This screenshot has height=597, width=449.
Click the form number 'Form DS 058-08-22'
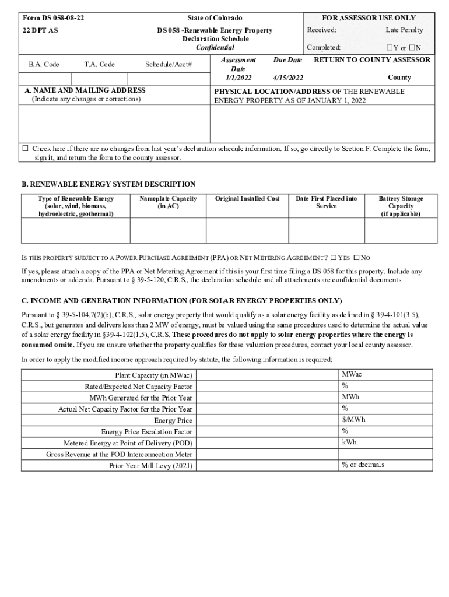pyautogui.click(x=53, y=18)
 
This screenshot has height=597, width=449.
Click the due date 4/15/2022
pyautogui.click(x=287, y=78)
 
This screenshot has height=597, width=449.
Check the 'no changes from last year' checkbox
pyautogui.click(x=25, y=149)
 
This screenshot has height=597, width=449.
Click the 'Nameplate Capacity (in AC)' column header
pyautogui.click(x=167, y=202)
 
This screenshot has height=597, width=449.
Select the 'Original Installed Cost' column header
pyautogui.click(x=247, y=199)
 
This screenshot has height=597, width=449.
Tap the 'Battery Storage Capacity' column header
pyautogui.click(x=401, y=206)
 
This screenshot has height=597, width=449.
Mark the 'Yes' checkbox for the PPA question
pyautogui.click(x=333, y=258)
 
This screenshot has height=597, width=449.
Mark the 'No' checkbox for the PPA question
pyautogui.click(x=357, y=258)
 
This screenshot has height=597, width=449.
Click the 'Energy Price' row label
pyautogui.click(x=173, y=420)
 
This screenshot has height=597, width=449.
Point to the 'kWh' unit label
pyautogui.click(x=349, y=442)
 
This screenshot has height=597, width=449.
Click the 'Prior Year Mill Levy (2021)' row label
pyautogui.click(x=150, y=465)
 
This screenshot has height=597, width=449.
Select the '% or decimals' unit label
pyautogui.click(x=363, y=465)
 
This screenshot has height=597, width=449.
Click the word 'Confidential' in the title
pyautogui.click(x=215, y=48)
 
